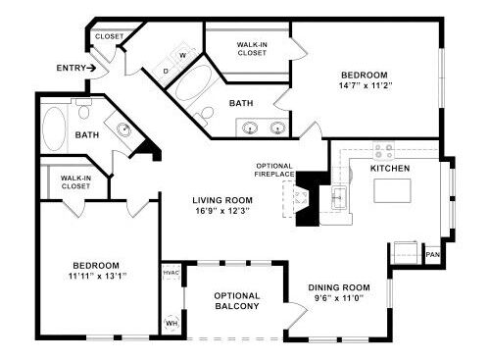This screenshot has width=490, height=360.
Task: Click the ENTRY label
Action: (71, 68)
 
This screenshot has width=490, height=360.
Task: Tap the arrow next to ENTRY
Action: (91, 68)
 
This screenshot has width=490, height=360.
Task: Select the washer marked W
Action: (183, 55)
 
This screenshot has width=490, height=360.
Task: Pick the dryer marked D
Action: (166, 71)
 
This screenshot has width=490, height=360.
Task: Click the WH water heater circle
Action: (171, 324)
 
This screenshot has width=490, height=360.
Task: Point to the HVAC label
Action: (171, 273)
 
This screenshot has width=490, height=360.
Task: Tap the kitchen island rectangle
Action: (392, 191)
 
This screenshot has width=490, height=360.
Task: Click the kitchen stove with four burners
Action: (384, 151)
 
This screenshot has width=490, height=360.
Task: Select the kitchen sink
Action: (339, 197)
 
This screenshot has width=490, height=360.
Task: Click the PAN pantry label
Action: (433, 254)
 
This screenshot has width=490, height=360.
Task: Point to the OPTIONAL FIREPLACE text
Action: (274, 170)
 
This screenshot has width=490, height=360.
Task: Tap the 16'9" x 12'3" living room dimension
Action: (222, 211)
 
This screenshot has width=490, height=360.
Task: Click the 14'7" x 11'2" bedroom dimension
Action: (366, 86)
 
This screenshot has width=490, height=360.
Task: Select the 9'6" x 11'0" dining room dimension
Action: (339, 298)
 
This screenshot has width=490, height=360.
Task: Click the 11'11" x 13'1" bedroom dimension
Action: (97, 277)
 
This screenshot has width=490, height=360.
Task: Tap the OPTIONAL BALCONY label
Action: (237, 301)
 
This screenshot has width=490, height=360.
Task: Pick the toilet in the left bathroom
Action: (84, 109)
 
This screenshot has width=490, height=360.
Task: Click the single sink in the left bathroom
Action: (123, 129)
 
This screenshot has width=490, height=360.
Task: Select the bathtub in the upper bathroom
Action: (193, 83)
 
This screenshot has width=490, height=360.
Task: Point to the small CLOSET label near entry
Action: (109, 36)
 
